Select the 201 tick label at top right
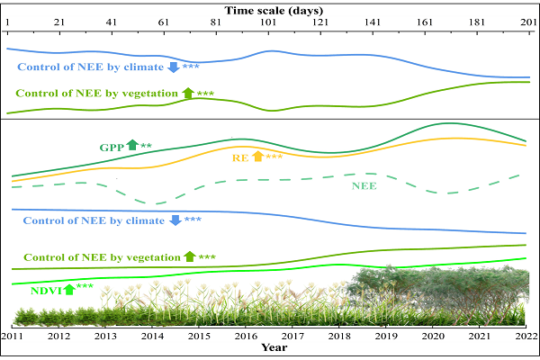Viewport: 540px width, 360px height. tap(528, 21)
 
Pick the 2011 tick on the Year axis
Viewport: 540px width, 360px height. tap(13, 336)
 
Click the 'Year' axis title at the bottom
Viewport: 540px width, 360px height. tap(274, 347)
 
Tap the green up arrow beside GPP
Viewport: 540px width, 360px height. tap(132, 144)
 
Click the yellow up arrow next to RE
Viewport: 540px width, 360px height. tap(258, 157)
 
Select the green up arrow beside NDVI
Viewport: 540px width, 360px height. tap(69, 288)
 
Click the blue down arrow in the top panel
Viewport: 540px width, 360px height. tap(175, 67)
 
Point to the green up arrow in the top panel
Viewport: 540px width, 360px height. tap(188, 92)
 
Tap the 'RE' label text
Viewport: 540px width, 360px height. tap(241, 157)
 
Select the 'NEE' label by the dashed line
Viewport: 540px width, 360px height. tap(364, 186)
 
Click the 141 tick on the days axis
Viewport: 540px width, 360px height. tap(372, 21)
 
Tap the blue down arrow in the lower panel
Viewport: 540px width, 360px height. tap(175, 220)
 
